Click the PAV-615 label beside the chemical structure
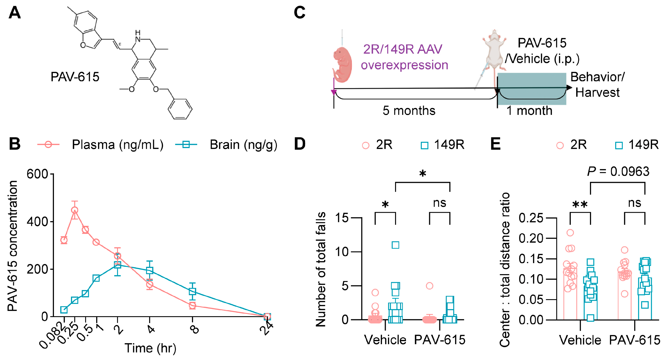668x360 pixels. click(x=75, y=77)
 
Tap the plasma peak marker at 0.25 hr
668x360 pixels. click(x=75, y=210)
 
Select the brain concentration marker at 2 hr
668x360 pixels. click(x=118, y=265)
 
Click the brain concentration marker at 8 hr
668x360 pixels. click(x=192, y=291)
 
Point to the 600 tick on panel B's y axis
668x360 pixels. click(x=37, y=174)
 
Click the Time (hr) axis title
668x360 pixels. click(x=150, y=348)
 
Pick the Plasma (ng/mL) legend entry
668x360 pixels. click(x=118, y=144)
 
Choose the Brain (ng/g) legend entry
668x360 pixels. click(x=243, y=144)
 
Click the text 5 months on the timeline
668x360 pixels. click(x=409, y=110)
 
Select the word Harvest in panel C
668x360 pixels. click(x=598, y=93)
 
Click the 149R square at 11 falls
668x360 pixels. click(x=396, y=245)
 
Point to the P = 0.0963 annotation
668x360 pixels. click(x=618, y=172)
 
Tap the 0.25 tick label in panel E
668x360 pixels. click(x=530, y=218)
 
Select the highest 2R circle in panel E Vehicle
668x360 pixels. click(x=570, y=233)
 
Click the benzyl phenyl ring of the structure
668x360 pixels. click(x=180, y=109)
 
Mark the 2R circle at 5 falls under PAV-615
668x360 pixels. click(x=430, y=286)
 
